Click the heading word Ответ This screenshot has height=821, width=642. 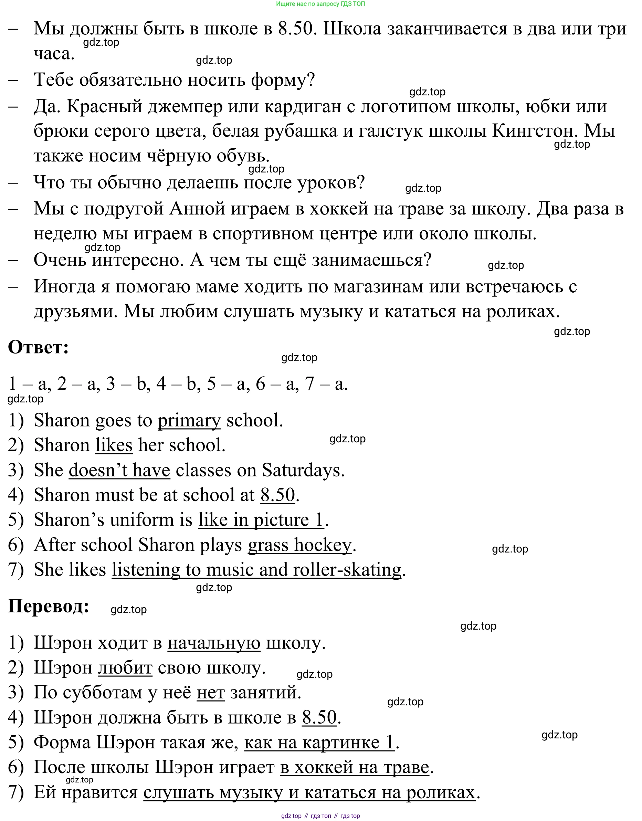tap(38, 347)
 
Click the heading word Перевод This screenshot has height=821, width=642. tap(49, 606)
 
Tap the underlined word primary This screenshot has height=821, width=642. tap(189, 421)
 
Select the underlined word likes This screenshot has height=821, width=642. tap(114, 445)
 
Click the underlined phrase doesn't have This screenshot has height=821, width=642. tap(119, 470)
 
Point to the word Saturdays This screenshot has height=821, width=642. tap(303, 470)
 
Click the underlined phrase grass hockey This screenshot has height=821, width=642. tap(299, 545)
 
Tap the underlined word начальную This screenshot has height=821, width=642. tap(213, 643)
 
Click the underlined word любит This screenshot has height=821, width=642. tap(125, 668)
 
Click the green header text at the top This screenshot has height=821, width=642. tap(320, 4)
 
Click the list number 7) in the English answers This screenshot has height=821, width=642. tap(16, 570)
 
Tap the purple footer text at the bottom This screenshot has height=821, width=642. tap(320, 816)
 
